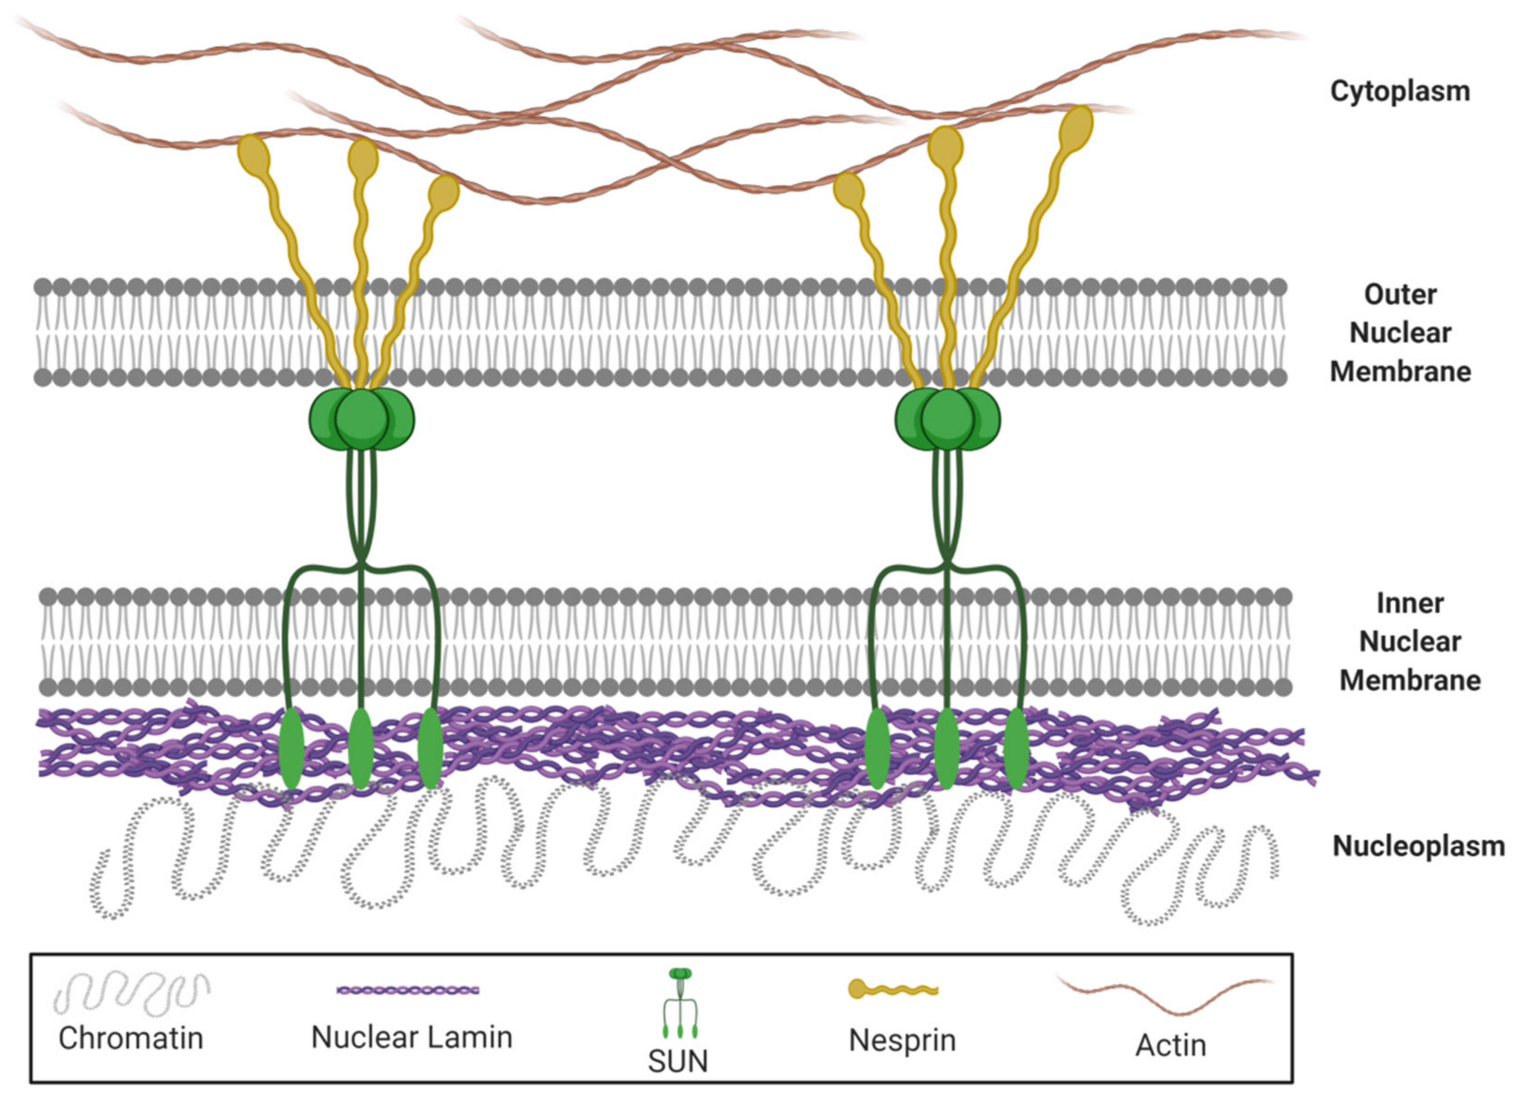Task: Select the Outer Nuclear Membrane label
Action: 1400,333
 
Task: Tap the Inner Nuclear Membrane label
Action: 1410,642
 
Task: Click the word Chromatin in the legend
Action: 131,1038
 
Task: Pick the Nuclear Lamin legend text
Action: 412,1037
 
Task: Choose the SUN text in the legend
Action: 677,1061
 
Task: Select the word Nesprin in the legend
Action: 902,1040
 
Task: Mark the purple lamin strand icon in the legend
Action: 408,990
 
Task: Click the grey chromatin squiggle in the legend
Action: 131,992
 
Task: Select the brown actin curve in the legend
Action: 1164,993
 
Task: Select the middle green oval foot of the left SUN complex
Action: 361,748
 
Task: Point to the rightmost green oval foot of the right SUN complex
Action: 1017,748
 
